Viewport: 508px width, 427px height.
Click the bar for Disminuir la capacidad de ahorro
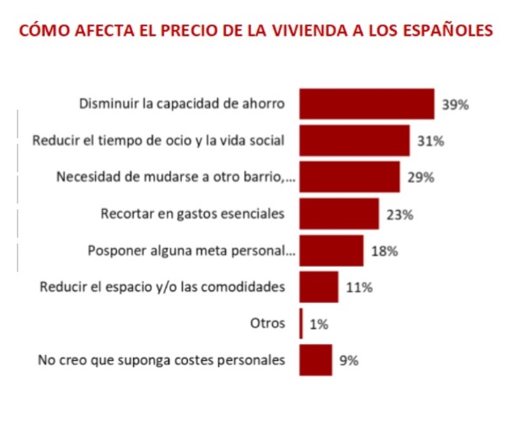pos(366,105)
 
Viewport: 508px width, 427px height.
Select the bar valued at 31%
pos(354,141)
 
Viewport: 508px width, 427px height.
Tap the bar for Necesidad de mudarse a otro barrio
pos(349,177)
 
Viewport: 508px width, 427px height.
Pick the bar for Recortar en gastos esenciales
pos(339,213)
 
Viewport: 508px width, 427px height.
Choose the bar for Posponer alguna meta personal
pos(331,251)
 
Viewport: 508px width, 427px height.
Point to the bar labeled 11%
pos(318,287)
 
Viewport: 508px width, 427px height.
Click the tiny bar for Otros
pos(301,323)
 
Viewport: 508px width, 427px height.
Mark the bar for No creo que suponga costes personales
pos(316,359)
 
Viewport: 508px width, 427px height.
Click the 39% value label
pos(455,105)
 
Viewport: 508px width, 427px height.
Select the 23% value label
pos(399,214)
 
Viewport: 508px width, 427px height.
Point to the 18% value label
pos(384,251)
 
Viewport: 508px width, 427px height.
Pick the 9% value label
pos(349,360)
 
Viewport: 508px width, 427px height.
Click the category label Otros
pos(269,323)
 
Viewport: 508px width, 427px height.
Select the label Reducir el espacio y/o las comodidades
pos(163,287)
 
